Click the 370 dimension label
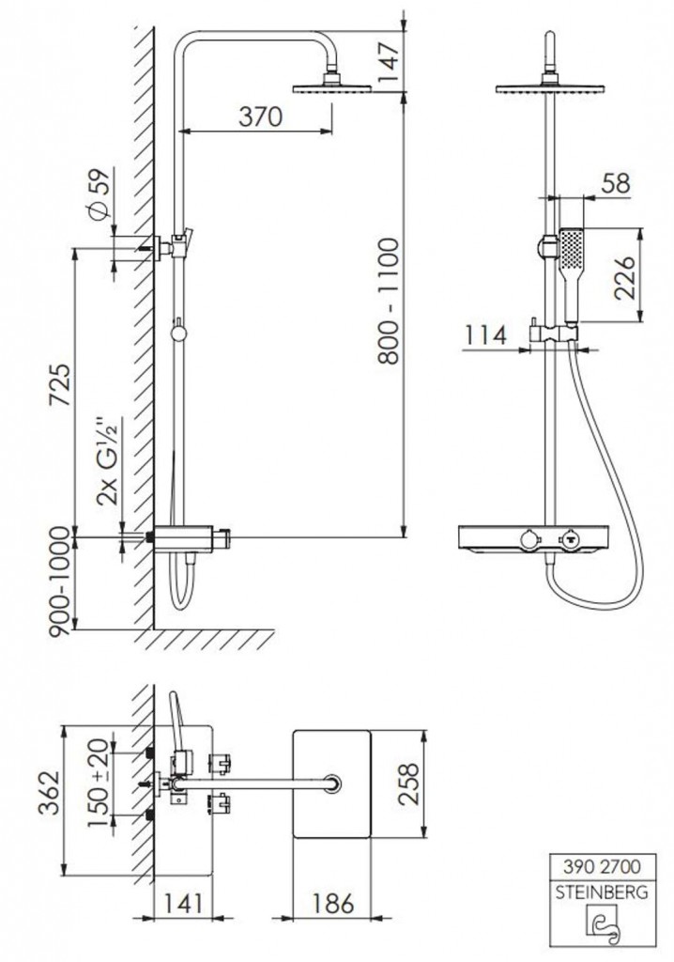pos(260,116)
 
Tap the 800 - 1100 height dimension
pos(389,302)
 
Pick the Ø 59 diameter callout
pos(100,194)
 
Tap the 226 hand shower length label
pos(624,277)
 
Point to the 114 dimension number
pos(485,335)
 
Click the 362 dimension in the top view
pos(50,792)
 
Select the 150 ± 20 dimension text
pos(99,783)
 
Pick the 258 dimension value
pos(407,784)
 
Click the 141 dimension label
pos(183,903)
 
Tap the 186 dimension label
pos(332,903)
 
